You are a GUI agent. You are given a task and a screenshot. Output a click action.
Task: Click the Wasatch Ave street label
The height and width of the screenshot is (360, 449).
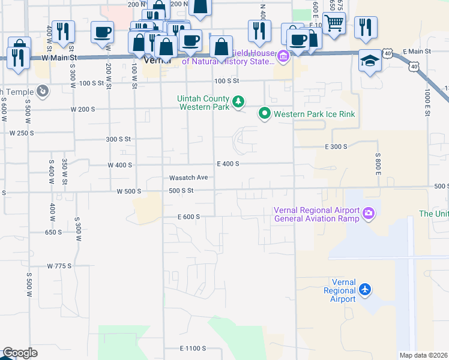pyautogui.click(x=188, y=178)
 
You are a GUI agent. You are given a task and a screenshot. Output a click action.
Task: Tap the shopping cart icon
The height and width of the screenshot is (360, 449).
pyautogui.click(x=334, y=23)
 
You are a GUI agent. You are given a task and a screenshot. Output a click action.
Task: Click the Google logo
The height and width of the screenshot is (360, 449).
pyautogui.click(x=20, y=353)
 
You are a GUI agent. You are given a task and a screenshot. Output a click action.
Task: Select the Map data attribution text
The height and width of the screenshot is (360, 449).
pyautogui.click(x=423, y=355)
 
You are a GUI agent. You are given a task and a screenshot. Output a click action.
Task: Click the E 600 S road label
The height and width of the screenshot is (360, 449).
pyautogui.click(x=188, y=217)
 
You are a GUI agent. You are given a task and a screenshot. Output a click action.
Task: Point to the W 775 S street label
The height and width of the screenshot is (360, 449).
pyautogui.click(x=59, y=265)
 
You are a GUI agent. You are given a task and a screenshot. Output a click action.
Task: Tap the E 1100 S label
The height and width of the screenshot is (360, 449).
pyautogui.click(x=193, y=348)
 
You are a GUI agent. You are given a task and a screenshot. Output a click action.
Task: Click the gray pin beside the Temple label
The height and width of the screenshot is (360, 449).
pyautogui.click(x=42, y=91)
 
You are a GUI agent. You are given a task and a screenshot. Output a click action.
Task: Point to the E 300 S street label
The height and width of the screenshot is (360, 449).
pyautogui.click(x=336, y=146)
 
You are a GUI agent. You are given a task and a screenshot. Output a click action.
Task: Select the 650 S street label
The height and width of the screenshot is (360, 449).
pyautogui.click(x=53, y=232)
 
